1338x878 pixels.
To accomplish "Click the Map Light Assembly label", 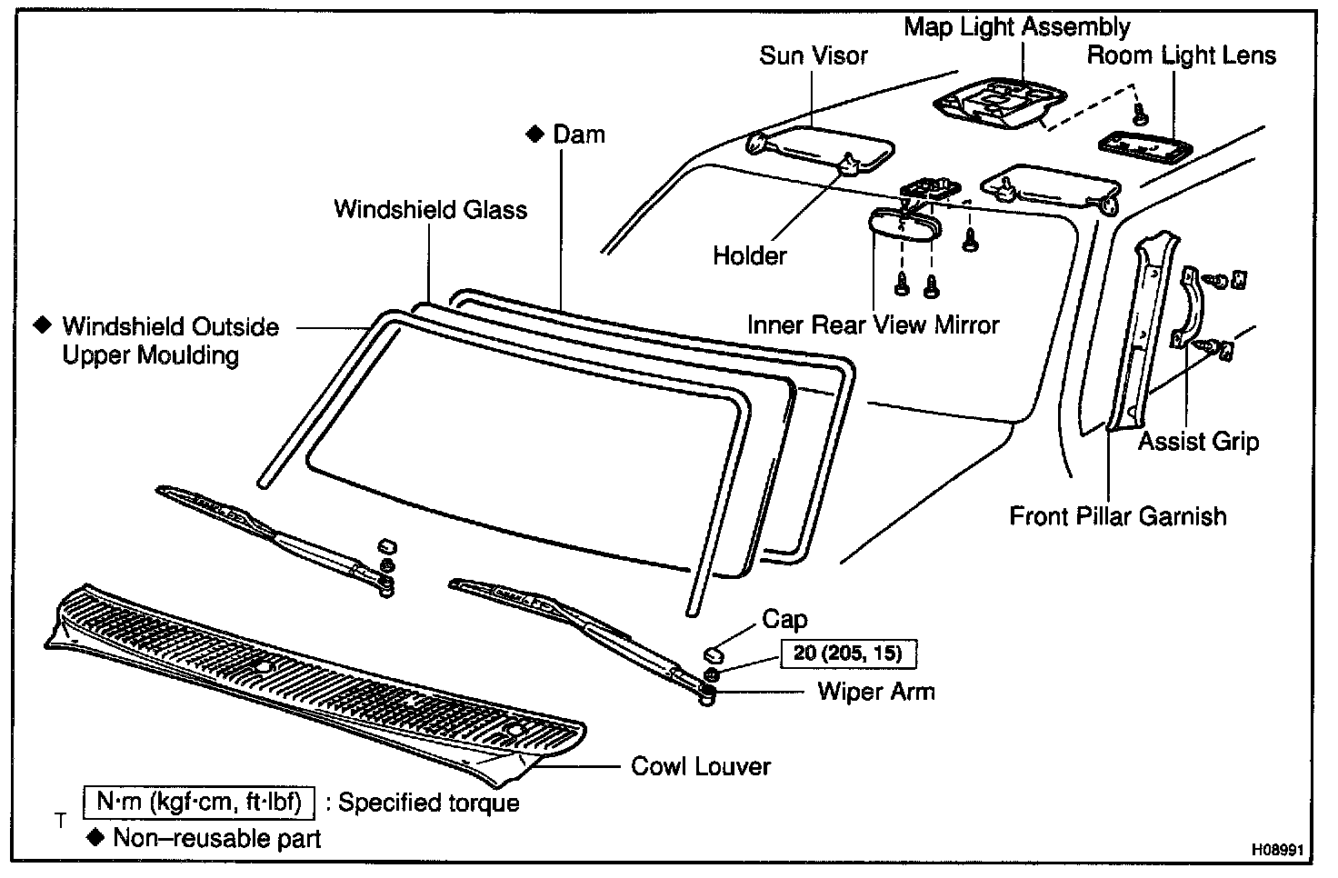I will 1016,27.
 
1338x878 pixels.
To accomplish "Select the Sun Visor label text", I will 813,56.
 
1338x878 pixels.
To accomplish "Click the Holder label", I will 749,256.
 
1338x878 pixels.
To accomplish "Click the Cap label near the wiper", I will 784,620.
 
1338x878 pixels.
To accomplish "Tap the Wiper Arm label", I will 875,692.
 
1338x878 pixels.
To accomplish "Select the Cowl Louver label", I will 700,766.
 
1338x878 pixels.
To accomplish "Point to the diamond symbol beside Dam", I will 534,135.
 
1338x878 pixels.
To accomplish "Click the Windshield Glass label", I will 430,210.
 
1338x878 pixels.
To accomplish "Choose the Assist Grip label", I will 1198,443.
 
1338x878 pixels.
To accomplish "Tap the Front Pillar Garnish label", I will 1117,516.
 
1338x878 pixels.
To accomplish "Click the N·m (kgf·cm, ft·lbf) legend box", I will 199,802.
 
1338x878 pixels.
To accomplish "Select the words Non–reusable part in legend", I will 216,838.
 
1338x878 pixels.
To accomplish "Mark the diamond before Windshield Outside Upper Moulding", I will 40,324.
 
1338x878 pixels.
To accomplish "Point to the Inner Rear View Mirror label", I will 873,325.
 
